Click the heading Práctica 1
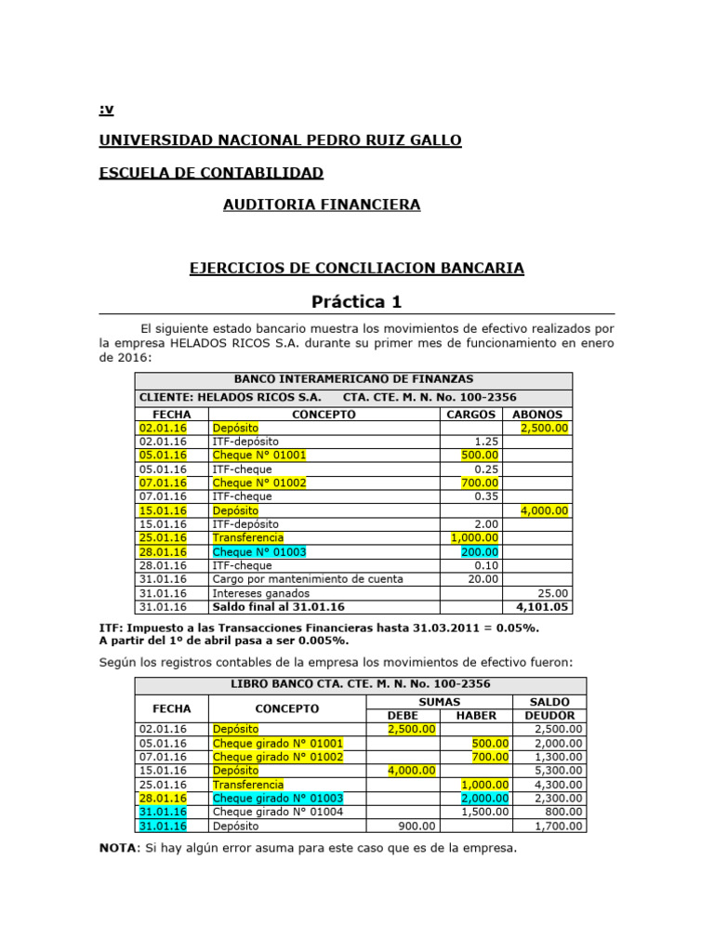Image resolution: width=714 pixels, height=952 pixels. tap(357, 301)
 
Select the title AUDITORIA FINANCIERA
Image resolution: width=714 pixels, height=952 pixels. tap(322, 205)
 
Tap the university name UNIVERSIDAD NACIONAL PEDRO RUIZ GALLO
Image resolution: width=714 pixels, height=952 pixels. tap(280, 140)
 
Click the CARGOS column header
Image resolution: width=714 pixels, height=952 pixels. tap(470, 414)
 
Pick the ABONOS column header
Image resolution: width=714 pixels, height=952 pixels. tap(536, 414)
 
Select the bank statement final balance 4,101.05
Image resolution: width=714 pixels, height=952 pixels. tap(544, 607)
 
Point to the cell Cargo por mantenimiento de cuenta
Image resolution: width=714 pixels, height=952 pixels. tap(308, 579)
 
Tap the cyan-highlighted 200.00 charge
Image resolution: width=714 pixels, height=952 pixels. tap(480, 551)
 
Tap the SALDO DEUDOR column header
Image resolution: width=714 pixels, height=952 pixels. tap(550, 708)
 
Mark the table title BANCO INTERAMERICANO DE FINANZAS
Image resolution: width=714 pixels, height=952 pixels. tap(353, 379)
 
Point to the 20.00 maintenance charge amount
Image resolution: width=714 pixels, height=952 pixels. tap(483, 579)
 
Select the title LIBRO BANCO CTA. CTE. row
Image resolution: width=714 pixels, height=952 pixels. tap(360, 684)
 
